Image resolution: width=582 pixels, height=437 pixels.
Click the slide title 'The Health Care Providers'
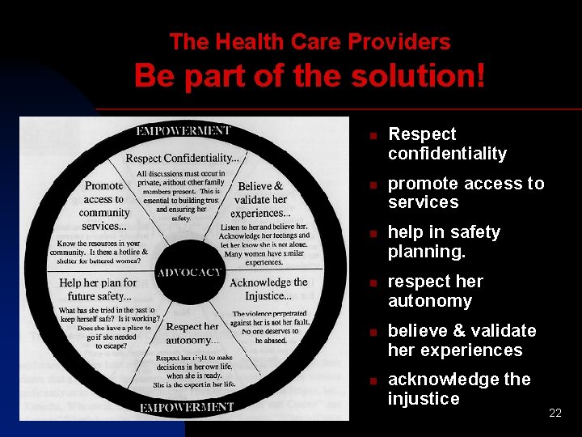click(x=310, y=42)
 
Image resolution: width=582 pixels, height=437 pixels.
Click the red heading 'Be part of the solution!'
click(x=310, y=77)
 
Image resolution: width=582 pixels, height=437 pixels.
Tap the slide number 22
click(x=555, y=414)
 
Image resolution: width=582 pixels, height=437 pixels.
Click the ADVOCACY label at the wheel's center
click(x=189, y=273)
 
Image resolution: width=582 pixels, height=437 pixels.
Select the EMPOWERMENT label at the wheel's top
click(x=183, y=131)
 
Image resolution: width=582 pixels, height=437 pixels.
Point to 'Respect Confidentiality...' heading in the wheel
click(x=182, y=158)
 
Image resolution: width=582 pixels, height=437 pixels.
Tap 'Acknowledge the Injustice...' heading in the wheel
click(x=268, y=289)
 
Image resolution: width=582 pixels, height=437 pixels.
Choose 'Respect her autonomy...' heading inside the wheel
click(x=192, y=333)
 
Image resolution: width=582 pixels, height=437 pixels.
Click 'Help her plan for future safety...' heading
click(x=98, y=290)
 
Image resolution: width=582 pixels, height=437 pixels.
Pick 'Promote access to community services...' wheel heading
click(x=104, y=206)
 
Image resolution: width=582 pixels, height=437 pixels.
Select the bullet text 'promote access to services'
click(x=466, y=193)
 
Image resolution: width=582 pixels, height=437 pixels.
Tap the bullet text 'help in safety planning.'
click(x=444, y=242)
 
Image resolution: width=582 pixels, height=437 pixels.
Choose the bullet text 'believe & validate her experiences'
click(x=462, y=341)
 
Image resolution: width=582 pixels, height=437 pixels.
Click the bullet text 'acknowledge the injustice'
click(x=459, y=389)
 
